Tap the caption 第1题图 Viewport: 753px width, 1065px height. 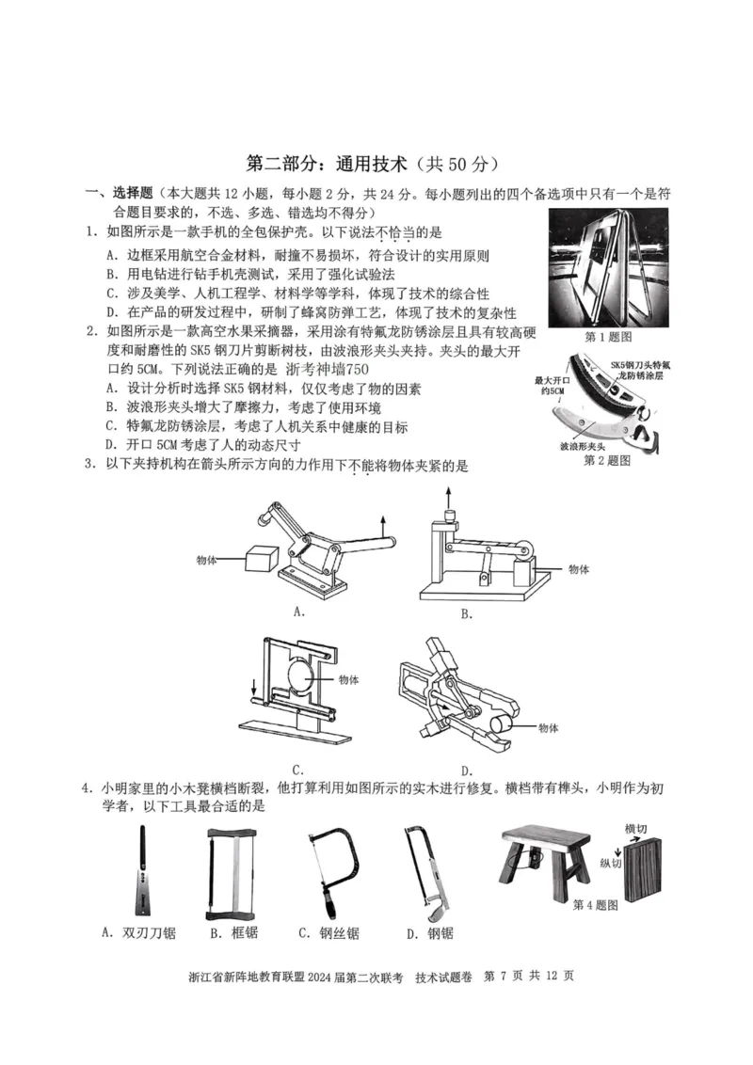607,336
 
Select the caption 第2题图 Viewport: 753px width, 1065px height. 607,460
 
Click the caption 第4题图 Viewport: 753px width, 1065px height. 595,904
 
